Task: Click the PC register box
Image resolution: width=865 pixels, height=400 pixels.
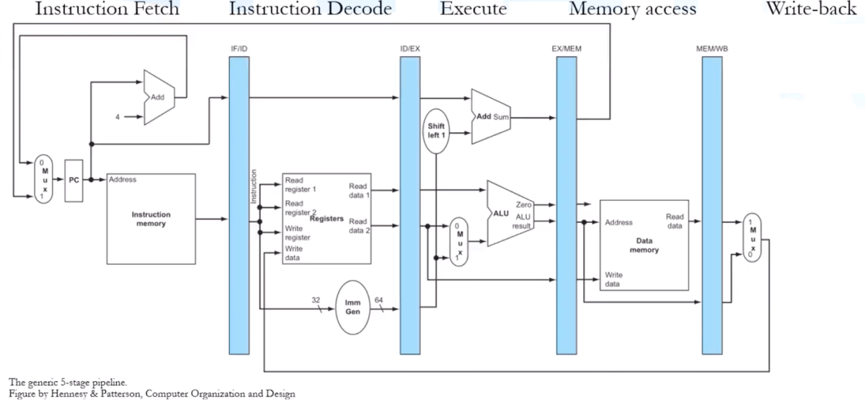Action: [74, 180]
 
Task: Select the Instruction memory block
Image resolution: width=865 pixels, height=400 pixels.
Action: [151, 219]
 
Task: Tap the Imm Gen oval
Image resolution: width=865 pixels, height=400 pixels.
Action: [353, 307]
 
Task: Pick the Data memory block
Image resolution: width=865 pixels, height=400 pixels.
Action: [644, 245]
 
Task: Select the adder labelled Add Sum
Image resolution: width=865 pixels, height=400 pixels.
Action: [490, 116]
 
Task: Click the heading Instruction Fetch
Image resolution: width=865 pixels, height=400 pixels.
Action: [97, 9]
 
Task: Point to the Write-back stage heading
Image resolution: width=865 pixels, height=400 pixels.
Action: [815, 9]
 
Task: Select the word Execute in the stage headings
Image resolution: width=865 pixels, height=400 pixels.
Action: [473, 9]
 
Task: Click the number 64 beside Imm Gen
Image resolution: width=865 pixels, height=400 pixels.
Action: [379, 300]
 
